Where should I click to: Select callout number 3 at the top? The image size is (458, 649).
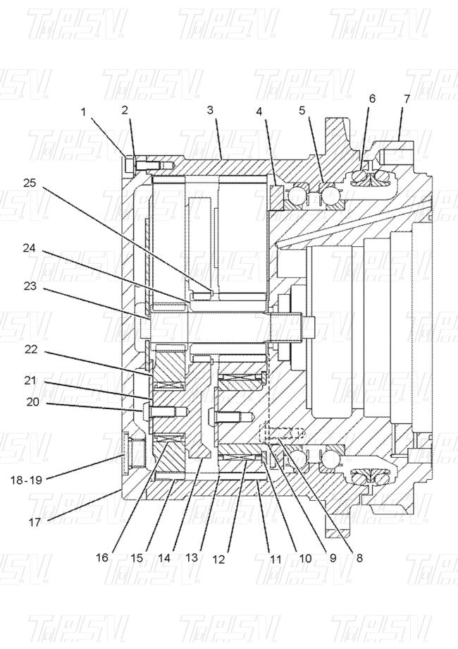pyautogui.click(x=210, y=110)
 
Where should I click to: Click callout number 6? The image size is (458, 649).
pyautogui.click(x=371, y=99)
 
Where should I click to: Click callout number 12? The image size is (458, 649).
pyautogui.click(x=220, y=559)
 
